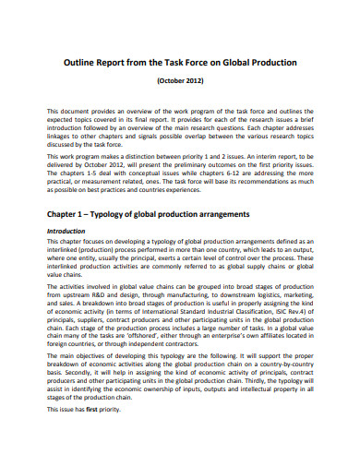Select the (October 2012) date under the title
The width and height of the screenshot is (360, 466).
pyautogui.click(x=180, y=81)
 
